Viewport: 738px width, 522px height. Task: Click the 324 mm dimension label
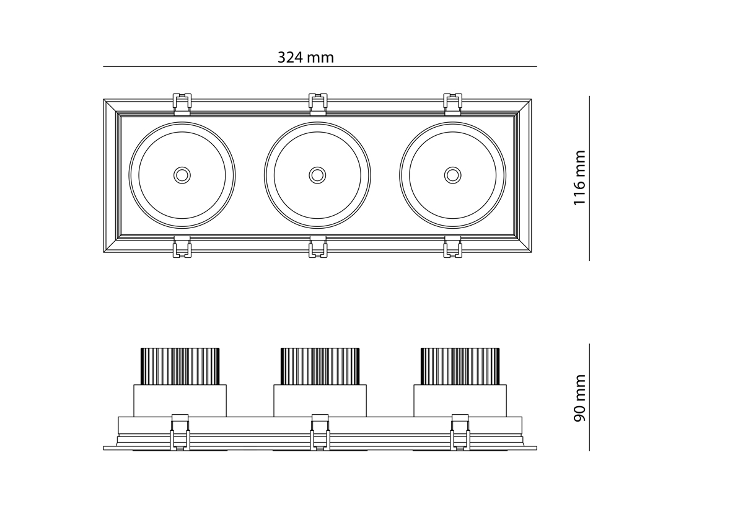(305, 58)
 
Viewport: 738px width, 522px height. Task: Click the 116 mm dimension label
(579, 177)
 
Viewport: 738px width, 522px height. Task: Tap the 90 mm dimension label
(579, 398)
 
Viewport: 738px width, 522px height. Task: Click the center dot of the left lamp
(182, 175)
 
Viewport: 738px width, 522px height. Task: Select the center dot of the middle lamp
(318, 175)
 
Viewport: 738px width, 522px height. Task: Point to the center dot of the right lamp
(453, 175)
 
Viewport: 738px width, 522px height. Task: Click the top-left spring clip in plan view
(182, 104)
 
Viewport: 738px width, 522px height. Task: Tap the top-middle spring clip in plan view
(318, 104)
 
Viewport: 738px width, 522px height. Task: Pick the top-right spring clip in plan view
(453, 104)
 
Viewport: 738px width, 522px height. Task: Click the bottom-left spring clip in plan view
(182, 247)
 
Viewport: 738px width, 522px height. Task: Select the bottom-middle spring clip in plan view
(318, 247)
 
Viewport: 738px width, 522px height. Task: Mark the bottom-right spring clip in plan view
(453, 247)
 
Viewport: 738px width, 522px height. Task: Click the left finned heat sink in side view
(180, 366)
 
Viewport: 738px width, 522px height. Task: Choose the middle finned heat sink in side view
(320, 366)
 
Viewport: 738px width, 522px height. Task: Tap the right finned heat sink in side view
(460, 366)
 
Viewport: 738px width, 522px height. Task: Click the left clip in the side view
(180, 432)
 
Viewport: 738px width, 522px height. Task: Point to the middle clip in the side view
(320, 432)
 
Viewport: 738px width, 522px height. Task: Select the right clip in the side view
(460, 432)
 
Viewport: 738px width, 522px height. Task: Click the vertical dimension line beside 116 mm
(589, 179)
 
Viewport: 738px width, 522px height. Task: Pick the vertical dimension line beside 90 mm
(589, 397)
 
